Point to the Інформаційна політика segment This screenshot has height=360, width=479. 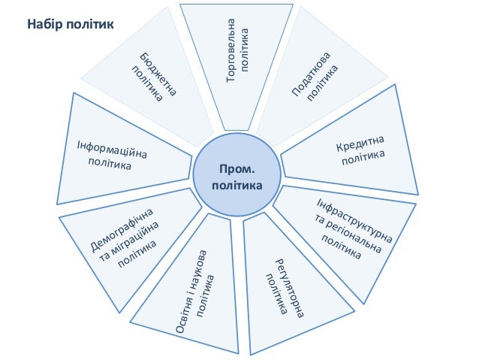click(120, 154)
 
